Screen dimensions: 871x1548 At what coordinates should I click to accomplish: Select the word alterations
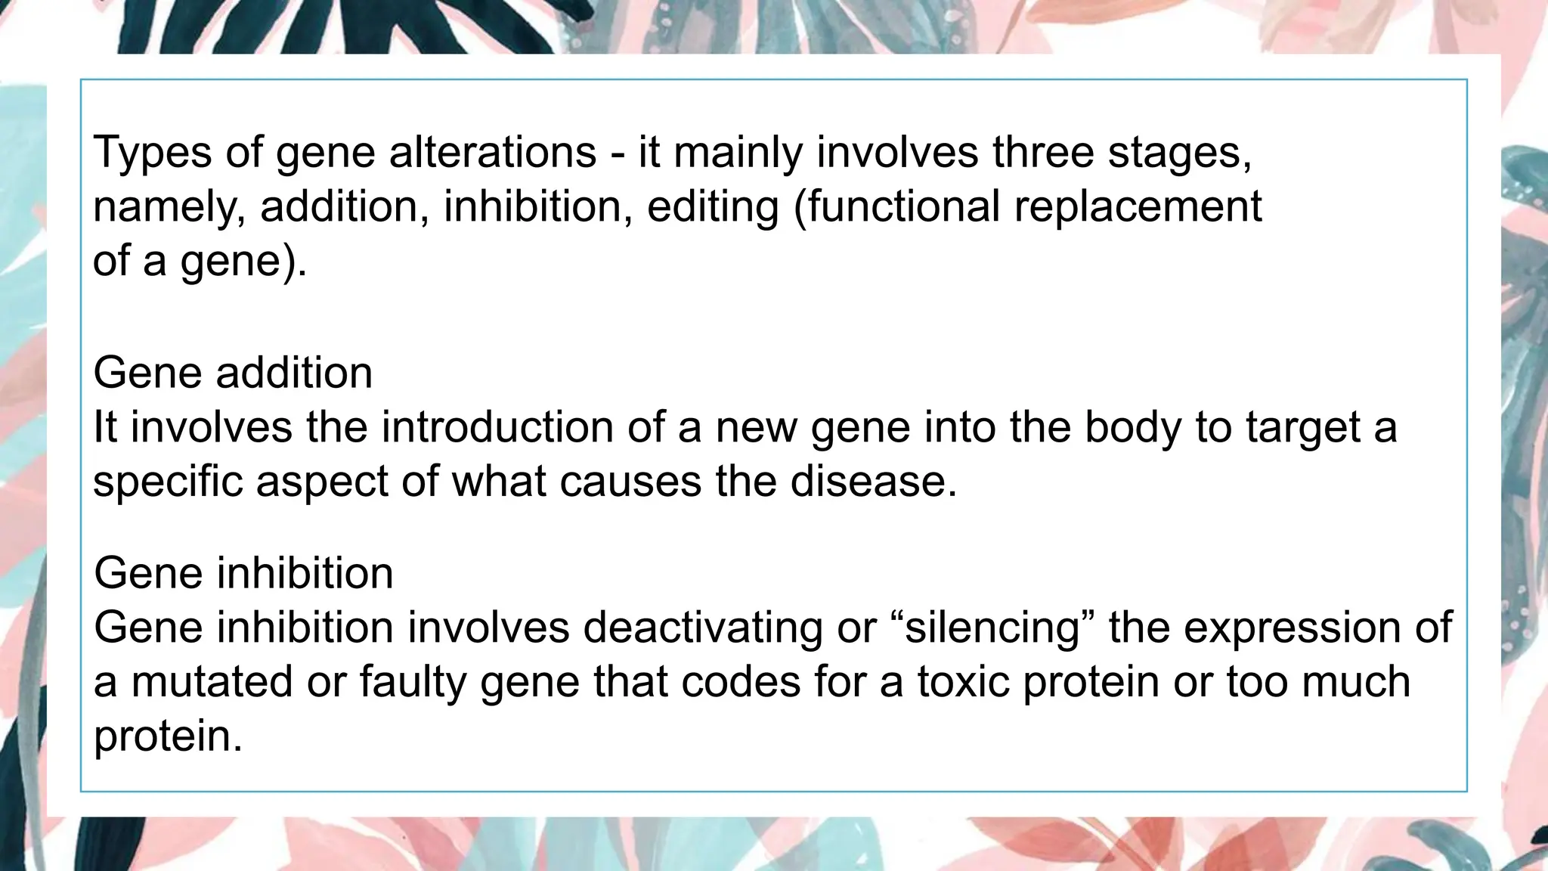493,151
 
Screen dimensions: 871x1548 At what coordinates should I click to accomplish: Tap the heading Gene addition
233,373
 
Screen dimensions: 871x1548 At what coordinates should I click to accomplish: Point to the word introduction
497,427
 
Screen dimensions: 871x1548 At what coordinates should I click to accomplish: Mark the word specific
167,482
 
